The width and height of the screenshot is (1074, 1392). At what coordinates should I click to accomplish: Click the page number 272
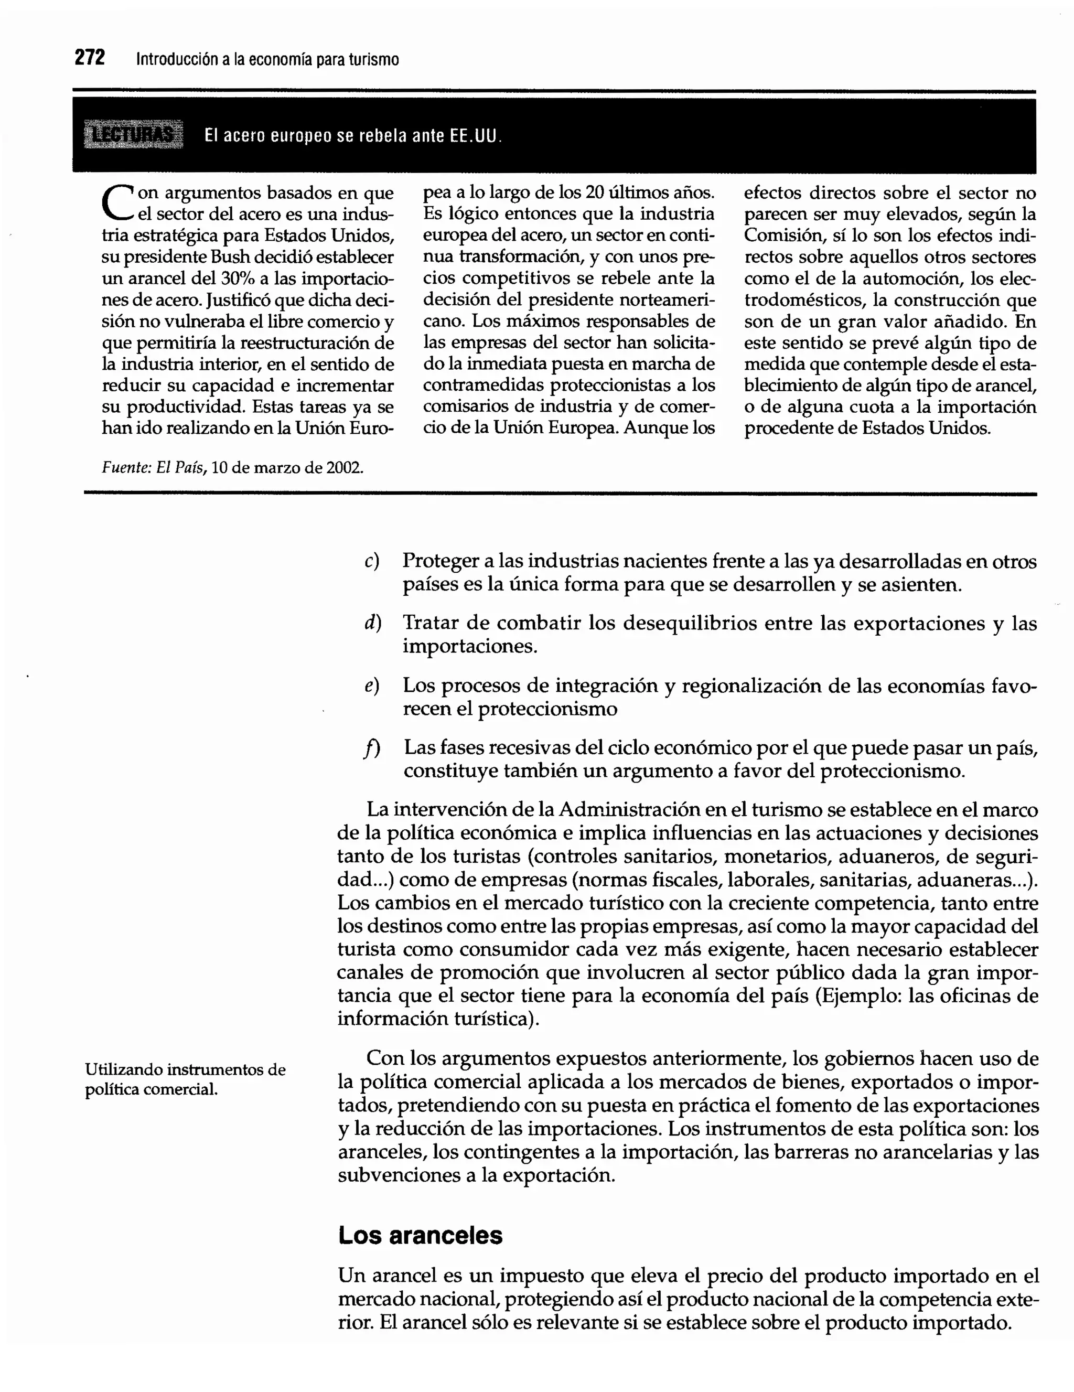click(x=90, y=58)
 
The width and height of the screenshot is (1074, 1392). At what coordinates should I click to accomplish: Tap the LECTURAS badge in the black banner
click(x=133, y=134)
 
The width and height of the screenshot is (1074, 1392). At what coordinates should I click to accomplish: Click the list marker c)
click(x=372, y=561)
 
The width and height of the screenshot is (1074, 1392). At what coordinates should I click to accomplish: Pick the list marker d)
click(x=372, y=623)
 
